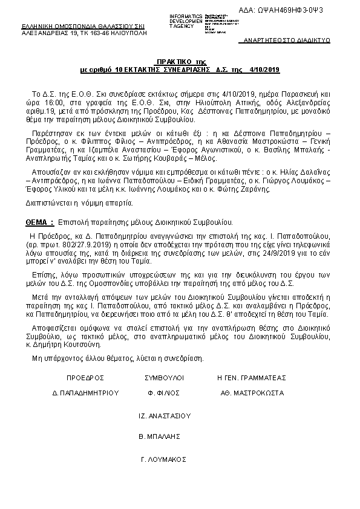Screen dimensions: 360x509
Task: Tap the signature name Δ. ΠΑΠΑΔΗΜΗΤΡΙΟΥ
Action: [x=86, y=392]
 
